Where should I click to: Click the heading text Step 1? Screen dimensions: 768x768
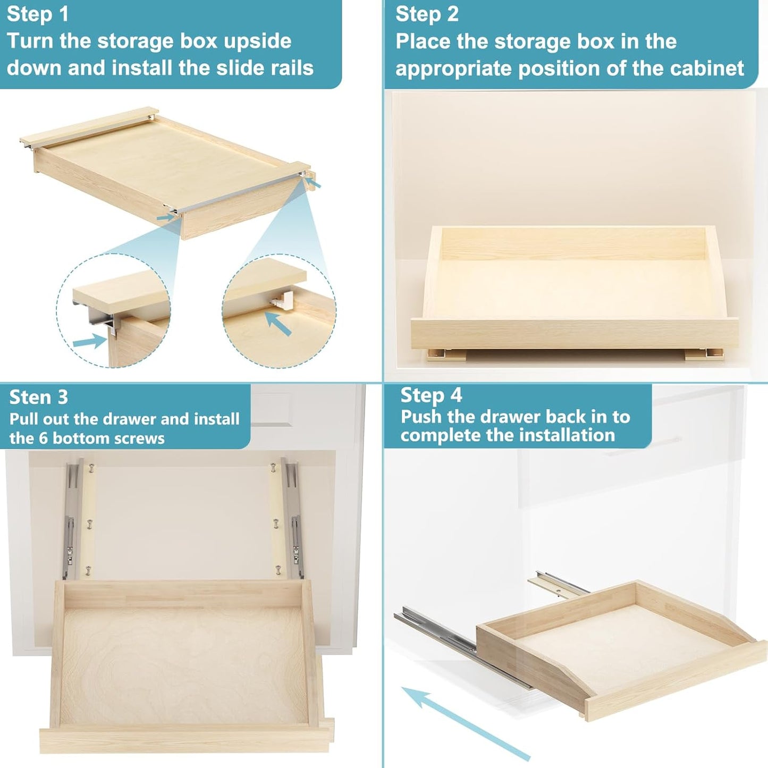38,14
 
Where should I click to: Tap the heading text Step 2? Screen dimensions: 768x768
427,14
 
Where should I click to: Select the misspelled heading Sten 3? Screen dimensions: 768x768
39,397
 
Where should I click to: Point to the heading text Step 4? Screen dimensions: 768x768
431,395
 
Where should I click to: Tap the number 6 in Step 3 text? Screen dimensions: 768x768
43,438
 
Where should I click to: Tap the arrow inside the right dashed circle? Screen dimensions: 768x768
278,324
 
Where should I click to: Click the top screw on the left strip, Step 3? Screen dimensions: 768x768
91,468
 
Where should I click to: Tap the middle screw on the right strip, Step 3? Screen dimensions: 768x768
275,524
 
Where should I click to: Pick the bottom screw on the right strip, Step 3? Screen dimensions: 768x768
277,571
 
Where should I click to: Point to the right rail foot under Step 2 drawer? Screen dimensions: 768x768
703,355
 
